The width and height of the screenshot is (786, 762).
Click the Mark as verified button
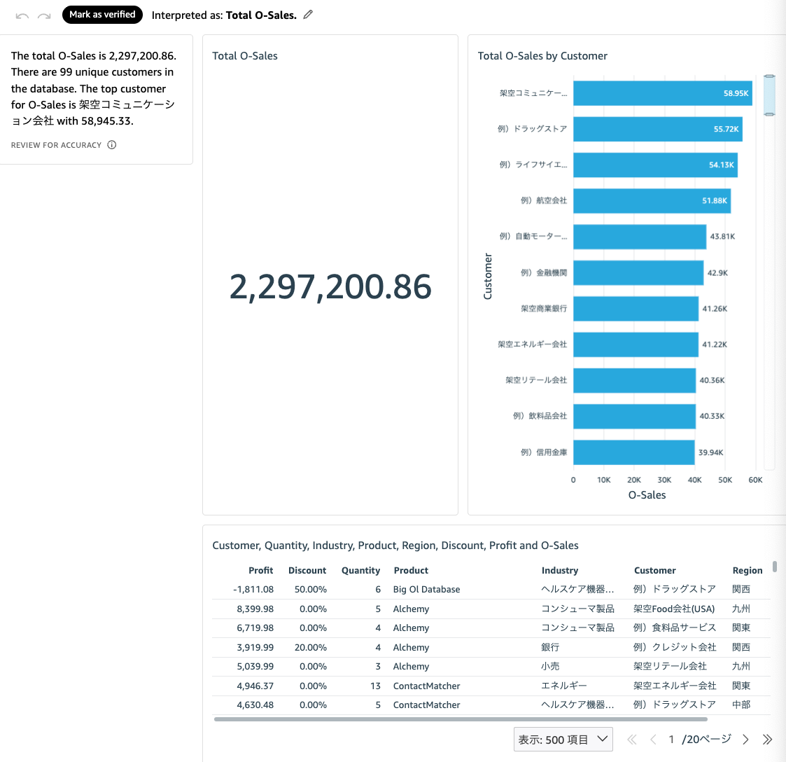tap(102, 15)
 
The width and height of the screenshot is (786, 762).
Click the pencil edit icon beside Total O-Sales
tap(308, 15)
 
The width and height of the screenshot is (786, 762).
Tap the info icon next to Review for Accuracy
tap(112, 145)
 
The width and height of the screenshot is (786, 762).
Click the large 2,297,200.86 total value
tap(330, 287)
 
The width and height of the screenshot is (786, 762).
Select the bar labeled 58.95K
tap(662, 93)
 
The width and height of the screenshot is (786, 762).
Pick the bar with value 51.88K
tap(652, 201)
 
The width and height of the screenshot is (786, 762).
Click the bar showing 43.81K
tap(639, 237)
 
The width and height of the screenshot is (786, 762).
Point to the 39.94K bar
tap(633, 452)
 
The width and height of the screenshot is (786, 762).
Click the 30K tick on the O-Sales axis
tap(664, 480)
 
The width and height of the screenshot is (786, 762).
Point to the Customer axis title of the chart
tap(488, 277)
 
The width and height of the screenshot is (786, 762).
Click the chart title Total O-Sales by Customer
tap(542, 56)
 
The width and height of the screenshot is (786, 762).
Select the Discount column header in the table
tap(307, 571)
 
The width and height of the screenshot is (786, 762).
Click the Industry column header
tap(560, 571)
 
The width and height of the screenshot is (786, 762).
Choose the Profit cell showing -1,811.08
tap(253, 590)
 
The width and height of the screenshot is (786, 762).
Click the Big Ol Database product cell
tap(426, 590)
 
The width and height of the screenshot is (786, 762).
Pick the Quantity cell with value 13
tap(376, 686)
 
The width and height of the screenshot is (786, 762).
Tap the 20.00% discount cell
tap(311, 648)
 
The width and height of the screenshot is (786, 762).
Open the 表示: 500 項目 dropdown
tap(563, 740)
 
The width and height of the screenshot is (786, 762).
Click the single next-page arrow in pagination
tap(745, 740)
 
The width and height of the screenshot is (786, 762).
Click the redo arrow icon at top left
tap(44, 15)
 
